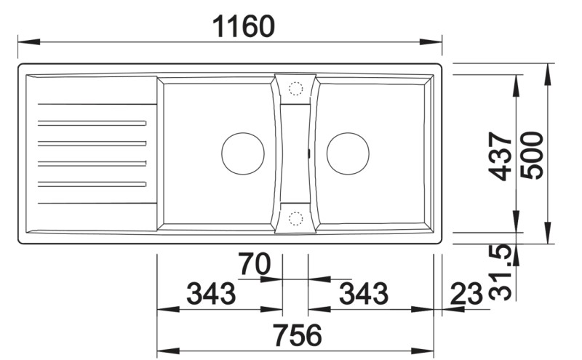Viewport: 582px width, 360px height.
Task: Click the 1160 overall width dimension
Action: [243, 26]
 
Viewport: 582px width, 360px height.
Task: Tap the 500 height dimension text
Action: [532, 156]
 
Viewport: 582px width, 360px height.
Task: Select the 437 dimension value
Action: [501, 156]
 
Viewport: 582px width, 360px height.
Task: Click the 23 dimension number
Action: [466, 294]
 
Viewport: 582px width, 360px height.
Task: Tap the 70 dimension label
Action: [254, 263]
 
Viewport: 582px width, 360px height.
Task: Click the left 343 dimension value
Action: [210, 293]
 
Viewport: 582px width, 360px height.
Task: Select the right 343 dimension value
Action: [364, 293]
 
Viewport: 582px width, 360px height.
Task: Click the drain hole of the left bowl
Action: [243, 153]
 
